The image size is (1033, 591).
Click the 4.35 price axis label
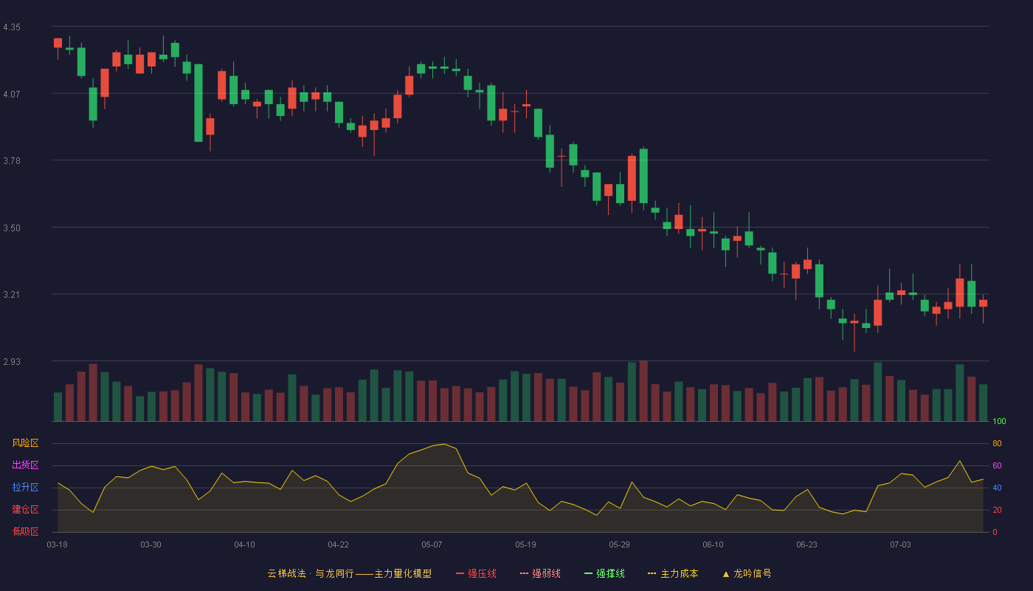click(x=12, y=27)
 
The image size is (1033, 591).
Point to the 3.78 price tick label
click(x=12, y=161)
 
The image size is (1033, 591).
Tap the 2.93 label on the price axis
click(x=12, y=362)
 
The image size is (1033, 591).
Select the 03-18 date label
click(x=58, y=545)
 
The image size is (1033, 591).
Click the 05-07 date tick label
click(x=432, y=545)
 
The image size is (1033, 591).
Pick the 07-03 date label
click(x=900, y=545)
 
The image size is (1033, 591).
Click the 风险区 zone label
click(x=25, y=443)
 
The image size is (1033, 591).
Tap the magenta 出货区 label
click(x=25, y=465)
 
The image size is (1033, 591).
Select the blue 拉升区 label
click(x=25, y=488)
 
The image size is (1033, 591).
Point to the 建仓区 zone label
click(x=25, y=510)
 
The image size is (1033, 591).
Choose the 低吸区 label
click(x=25, y=532)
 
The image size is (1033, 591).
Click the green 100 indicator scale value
click(x=999, y=422)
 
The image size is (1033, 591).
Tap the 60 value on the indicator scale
click(x=997, y=466)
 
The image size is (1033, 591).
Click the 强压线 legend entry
click(x=476, y=574)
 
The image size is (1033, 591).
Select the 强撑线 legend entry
click(x=604, y=574)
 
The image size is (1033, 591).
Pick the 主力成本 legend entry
click(x=673, y=574)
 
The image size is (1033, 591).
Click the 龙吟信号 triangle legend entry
click(x=747, y=574)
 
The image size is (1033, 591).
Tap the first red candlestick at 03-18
click(x=58, y=43)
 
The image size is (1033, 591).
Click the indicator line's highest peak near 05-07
click(x=444, y=444)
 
